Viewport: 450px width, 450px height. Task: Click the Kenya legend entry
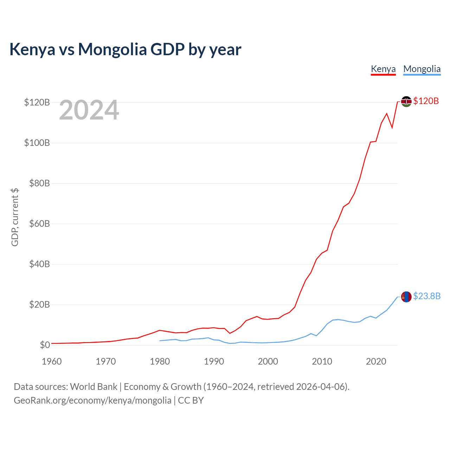click(x=383, y=69)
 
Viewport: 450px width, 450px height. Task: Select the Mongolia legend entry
click(x=422, y=69)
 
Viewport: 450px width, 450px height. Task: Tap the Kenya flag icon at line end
click(x=406, y=101)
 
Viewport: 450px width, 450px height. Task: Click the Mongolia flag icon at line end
click(x=406, y=297)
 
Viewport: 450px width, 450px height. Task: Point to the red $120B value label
click(x=426, y=101)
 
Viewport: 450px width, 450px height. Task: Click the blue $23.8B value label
click(x=427, y=296)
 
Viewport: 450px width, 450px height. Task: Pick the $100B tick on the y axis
click(x=37, y=143)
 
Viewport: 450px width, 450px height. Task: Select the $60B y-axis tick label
click(x=39, y=224)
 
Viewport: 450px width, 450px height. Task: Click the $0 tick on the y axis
click(x=45, y=345)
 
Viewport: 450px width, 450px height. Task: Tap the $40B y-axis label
click(x=39, y=264)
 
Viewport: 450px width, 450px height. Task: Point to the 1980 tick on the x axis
click(x=160, y=361)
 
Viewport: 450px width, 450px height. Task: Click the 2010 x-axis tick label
click(x=322, y=361)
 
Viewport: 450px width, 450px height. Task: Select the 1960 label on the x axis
click(x=52, y=361)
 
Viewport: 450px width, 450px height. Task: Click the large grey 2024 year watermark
click(x=89, y=110)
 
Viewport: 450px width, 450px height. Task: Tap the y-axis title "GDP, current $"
click(x=15, y=217)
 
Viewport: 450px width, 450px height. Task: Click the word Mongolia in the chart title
click(x=112, y=50)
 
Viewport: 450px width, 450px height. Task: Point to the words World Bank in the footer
click(x=94, y=387)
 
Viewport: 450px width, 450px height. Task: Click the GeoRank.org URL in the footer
click(x=92, y=400)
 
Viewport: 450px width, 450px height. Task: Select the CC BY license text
click(x=191, y=400)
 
